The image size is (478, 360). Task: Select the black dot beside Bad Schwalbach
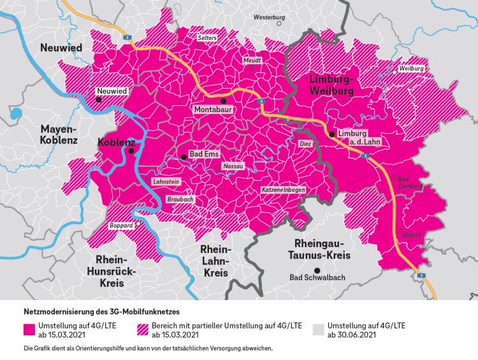tap(308, 270)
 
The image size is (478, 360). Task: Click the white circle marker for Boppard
tap(138, 224)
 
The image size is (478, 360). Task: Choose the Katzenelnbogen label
tap(286, 191)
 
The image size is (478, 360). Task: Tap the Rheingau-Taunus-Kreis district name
tap(327, 250)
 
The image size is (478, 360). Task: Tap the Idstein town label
tap(411, 235)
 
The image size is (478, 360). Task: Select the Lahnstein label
tap(164, 182)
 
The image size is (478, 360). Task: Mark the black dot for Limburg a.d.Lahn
tap(331, 134)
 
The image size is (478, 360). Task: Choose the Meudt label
tap(252, 60)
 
